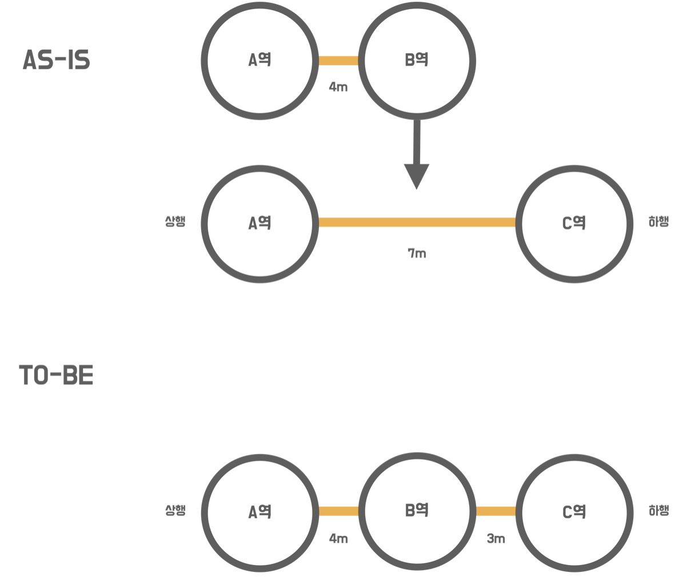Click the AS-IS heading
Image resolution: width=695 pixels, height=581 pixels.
click(x=56, y=60)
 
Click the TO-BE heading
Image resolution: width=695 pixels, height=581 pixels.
click(x=56, y=375)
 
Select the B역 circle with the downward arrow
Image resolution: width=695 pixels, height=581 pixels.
click(x=417, y=61)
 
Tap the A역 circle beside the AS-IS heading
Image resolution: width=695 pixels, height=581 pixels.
click(x=260, y=61)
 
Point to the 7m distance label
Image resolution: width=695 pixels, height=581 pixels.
click(x=417, y=253)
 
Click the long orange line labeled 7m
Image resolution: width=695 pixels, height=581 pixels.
click(x=417, y=222)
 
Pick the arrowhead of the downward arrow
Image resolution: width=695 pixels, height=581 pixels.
click(x=417, y=176)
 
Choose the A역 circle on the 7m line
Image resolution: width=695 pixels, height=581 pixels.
click(x=260, y=223)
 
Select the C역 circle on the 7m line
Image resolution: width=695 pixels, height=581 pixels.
click(x=574, y=223)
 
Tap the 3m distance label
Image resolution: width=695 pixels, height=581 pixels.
click(x=496, y=539)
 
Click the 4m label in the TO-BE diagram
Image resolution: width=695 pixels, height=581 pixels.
click(x=338, y=539)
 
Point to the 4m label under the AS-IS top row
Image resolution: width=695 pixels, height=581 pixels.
click(x=338, y=87)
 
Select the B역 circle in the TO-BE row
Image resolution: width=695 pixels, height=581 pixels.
click(x=417, y=511)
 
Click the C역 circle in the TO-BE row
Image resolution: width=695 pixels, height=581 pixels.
click(x=574, y=512)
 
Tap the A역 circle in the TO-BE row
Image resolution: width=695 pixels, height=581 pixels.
click(x=260, y=512)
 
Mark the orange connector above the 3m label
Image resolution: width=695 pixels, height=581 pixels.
click(x=496, y=511)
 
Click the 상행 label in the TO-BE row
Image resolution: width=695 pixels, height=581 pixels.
click(x=175, y=511)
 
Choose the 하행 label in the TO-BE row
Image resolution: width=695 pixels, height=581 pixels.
click(x=658, y=511)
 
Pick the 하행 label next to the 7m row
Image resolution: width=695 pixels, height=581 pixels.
click(x=658, y=222)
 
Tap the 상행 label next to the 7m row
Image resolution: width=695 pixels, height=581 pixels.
click(x=175, y=222)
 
